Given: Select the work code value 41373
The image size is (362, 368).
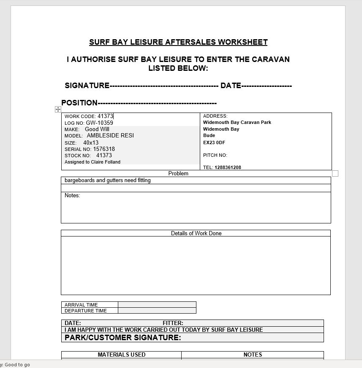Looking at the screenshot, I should click(105, 116).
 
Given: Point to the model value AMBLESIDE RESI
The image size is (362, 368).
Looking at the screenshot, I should click(110, 136).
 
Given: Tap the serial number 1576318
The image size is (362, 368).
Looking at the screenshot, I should click(104, 149).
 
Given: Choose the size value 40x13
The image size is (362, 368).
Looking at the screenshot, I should click(91, 143).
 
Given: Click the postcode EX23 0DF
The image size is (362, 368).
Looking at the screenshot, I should click(214, 142).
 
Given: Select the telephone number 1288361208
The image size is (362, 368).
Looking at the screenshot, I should click(228, 167).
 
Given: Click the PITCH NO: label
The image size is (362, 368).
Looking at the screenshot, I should click(215, 155).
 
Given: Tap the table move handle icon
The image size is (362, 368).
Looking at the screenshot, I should click(58, 110).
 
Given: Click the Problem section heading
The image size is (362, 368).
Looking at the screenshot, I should click(178, 173).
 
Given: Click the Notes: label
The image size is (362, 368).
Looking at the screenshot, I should click(72, 196).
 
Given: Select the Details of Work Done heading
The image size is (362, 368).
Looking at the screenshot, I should click(196, 233).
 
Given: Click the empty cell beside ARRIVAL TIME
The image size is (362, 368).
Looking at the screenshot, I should click(157, 305).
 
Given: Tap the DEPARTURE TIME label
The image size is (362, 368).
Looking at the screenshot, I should click(86, 311).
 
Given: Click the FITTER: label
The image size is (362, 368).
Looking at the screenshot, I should click(173, 323).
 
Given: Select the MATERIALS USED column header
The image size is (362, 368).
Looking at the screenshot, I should click(122, 355).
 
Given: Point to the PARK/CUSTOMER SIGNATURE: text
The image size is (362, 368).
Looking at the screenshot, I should click(122, 338).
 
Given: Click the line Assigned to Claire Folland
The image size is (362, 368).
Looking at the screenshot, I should click(93, 162).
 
